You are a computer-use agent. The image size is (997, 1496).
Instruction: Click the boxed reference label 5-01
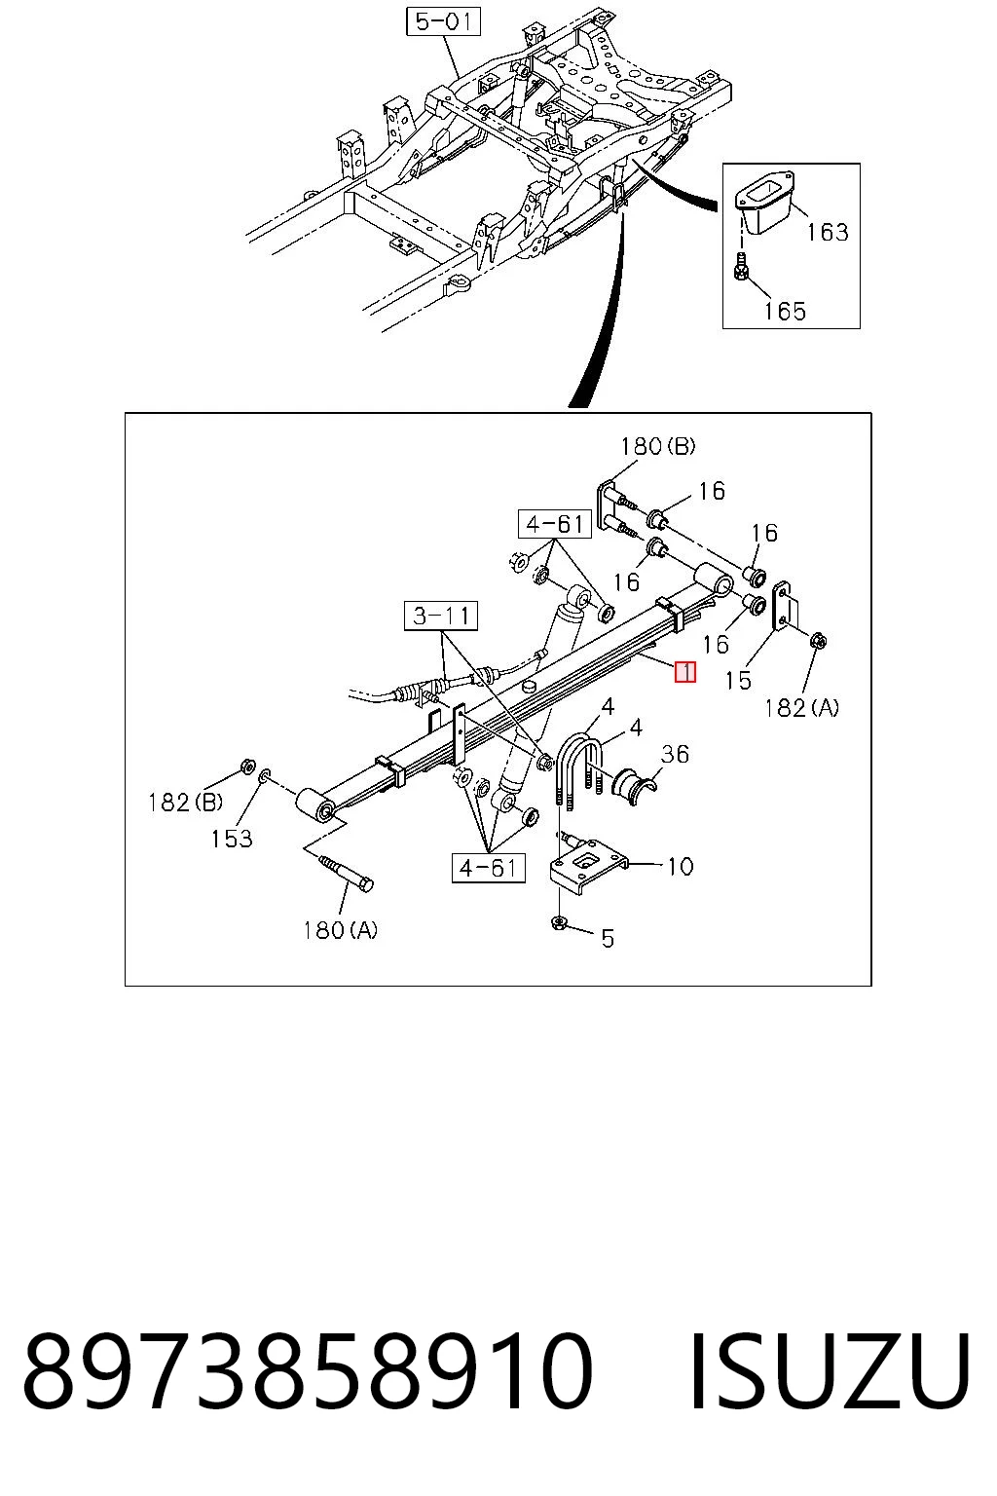(x=443, y=21)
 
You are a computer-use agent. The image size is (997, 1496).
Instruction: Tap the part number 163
(x=828, y=232)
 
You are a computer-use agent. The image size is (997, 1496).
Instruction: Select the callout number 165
(x=785, y=311)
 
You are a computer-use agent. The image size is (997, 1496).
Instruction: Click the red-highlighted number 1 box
(x=685, y=672)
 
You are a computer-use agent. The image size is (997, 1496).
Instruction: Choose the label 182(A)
(x=801, y=708)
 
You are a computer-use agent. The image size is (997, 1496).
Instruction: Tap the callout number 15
(x=739, y=681)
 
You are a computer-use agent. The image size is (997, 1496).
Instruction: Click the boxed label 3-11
(x=441, y=616)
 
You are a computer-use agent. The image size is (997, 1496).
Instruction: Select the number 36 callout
(x=675, y=754)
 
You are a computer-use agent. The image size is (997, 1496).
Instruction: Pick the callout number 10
(x=681, y=866)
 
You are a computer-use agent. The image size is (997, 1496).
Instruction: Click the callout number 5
(x=607, y=938)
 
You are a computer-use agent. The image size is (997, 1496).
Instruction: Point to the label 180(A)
(x=340, y=929)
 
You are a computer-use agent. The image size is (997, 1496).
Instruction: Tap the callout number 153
(x=232, y=839)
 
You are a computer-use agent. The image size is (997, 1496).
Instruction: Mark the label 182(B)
(x=185, y=802)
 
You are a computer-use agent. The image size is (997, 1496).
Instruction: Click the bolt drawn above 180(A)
(x=347, y=873)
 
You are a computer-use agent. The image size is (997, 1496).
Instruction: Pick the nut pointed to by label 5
(x=557, y=923)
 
